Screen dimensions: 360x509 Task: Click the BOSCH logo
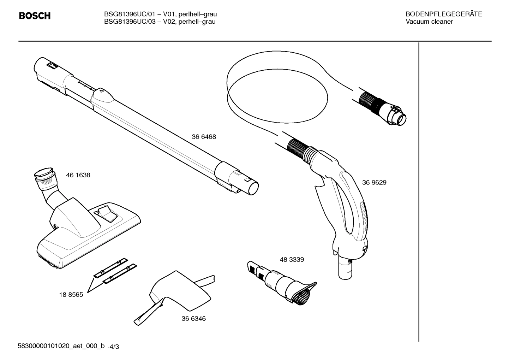pos(35,16)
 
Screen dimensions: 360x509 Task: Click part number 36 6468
pos(204,137)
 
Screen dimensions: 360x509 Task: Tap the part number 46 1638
pos(78,175)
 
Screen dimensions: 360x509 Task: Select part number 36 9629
pos(374,182)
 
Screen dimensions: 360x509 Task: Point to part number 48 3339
pos(292,259)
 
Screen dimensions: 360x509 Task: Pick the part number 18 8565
pos(71,295)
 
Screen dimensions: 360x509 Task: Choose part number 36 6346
pos(193,318)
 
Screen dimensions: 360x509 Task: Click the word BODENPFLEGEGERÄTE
pos(444,14)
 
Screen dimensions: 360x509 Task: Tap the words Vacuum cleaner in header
pos(429,22)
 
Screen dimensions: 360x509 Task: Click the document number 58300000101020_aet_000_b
pos(61,346)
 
